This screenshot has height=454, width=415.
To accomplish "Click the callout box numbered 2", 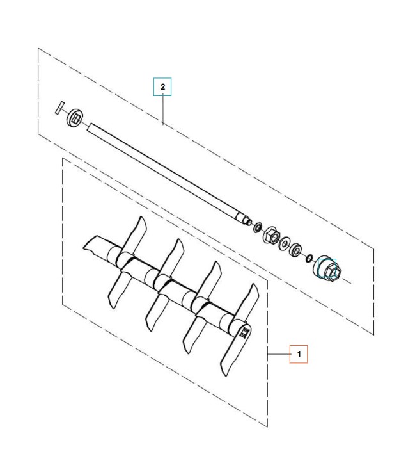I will point(163,86).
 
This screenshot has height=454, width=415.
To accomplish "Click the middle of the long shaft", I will point(166,170).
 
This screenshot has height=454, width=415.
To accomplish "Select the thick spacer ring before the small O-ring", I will point(296,249).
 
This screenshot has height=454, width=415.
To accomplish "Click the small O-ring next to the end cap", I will point(308,257).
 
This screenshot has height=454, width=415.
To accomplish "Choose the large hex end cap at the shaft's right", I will point(327,268).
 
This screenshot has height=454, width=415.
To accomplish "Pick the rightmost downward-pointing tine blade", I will point(227,359).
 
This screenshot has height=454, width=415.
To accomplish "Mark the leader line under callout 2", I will point(163,109).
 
